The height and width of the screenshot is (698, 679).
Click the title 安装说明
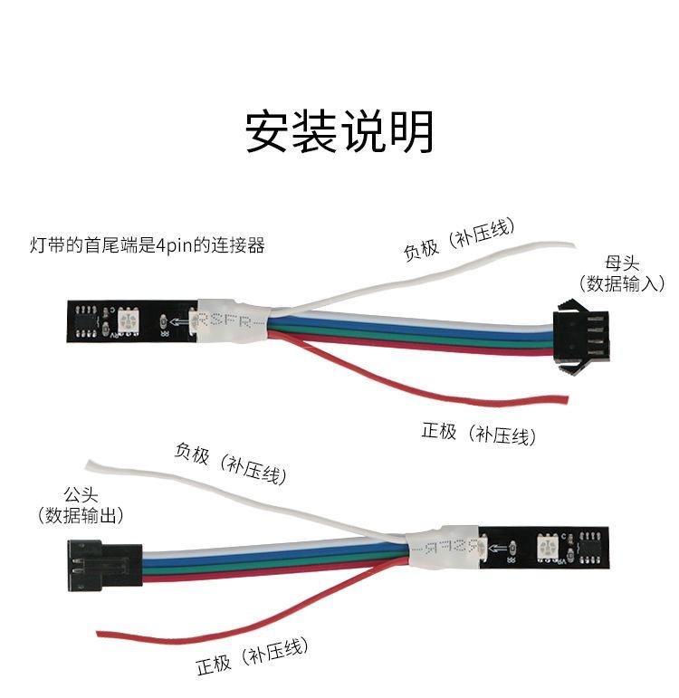pos(339,132)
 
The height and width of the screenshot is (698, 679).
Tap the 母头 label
pos(623,263)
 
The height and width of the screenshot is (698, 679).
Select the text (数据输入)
pos(623,283)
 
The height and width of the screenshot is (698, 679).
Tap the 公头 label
pos(80,495)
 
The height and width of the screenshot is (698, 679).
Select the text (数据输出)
pos(81,515)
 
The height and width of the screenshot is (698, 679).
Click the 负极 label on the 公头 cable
pos(194,452)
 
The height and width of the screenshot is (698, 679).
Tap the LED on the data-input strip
pos(127,319)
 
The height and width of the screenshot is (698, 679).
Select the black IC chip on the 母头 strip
pos(88,320)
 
